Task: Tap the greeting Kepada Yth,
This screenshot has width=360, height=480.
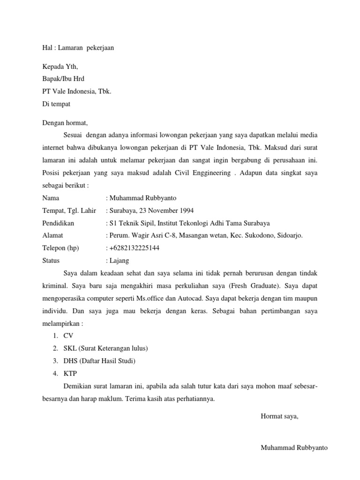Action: [x=60, y=67]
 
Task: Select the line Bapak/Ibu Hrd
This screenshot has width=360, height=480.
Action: [x=63, y=79]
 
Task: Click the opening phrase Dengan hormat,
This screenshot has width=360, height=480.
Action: [x=65, y=123]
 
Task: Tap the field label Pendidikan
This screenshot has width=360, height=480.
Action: [x=58, y=223]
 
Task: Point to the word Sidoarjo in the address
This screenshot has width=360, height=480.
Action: [x=290, y=235]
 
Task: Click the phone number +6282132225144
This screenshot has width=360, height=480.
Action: [x=135, y=248]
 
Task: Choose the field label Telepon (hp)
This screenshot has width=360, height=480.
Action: [x=61, y=248]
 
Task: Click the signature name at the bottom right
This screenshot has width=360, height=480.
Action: [x=294, y=448]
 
